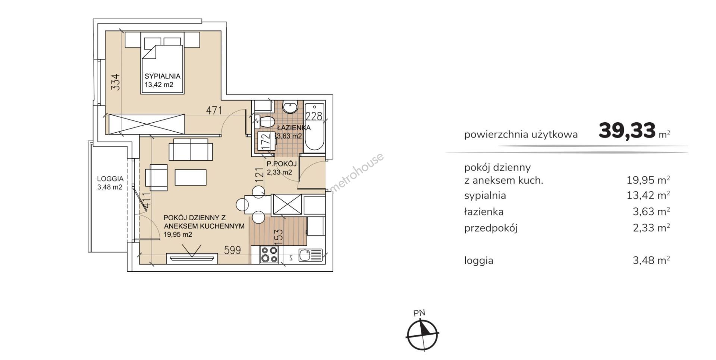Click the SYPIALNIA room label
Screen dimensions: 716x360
163,76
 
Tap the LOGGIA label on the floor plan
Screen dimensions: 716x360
110,179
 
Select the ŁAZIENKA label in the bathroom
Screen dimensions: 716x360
294,128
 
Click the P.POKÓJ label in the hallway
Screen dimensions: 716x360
282,164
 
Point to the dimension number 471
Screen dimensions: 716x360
214,110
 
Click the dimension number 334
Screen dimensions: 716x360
116,82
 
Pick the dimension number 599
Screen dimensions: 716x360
232,250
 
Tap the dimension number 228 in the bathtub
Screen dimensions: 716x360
314,116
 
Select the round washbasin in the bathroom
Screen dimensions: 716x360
290,107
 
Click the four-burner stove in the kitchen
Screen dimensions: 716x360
269,255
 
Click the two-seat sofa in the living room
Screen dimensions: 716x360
191,149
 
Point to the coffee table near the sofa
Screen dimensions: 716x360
191,177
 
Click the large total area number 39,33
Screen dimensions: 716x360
627,131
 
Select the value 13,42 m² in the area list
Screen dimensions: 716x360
648,195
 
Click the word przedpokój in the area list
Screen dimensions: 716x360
491,228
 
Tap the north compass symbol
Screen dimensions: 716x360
422,333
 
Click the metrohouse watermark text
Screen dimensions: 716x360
357,173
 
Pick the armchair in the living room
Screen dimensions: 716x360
156,177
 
